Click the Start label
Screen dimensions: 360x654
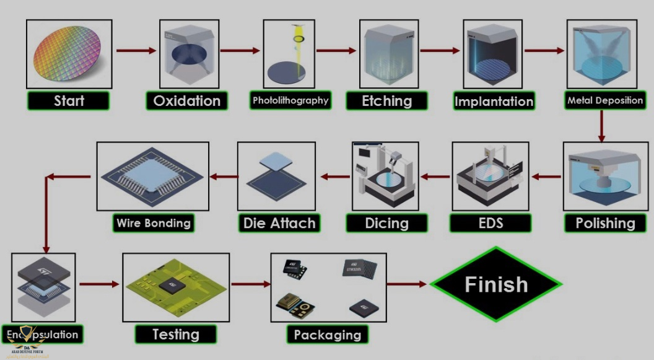(69, 100)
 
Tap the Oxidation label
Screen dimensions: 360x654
(186, 100)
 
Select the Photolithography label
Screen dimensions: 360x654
(290, 100)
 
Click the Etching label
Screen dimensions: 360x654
(387, 100)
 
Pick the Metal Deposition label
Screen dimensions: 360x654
(605, 100)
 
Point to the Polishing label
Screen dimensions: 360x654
(605, 223)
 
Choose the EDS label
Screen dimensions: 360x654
(490, 223)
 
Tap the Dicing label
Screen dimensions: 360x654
(386, 223)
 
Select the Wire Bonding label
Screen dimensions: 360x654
(154, 223)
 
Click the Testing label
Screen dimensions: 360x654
(176, 335)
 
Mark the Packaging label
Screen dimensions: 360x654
(328, 335)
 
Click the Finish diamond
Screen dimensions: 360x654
(496, 284)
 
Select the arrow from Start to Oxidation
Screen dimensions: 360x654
(136, 51)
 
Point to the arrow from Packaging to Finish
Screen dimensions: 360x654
(408, 284)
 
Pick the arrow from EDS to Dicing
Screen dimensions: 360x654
(436, 177)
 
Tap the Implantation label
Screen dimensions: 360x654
(494, 101)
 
